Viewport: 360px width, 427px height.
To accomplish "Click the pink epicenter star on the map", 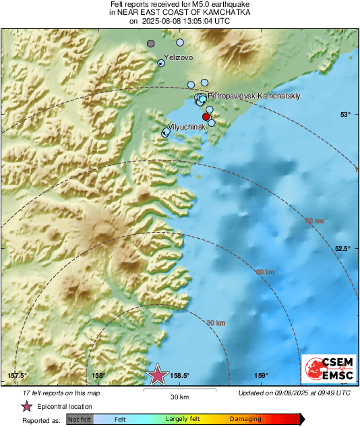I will pyautogui.click(x=158, y=374).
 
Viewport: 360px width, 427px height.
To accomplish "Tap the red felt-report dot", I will pyautogui.click(x=206, y=117).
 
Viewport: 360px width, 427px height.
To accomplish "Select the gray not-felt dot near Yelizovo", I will pyautogui.click(x=151, y=44).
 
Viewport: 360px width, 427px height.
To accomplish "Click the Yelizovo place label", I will pyautogui.click(x=179, y=58).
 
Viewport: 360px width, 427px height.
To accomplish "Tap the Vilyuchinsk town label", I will pyautogui.click(x=186, y=127).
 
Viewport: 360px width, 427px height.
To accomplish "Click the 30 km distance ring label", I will pyautogui.click(x=215, y=324).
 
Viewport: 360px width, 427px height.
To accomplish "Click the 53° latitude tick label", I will pyautogui.click(x=345, y=114).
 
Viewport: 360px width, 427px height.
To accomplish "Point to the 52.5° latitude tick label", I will pyautogui.click(x=342, y=248).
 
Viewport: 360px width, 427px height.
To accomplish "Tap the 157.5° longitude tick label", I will pyautogui.click(x=17, y=376).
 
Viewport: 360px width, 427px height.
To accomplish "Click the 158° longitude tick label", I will pyautogui.click(x=98, y=376).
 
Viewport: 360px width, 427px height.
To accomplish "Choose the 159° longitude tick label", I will pyautogui.click(x=262, y=376).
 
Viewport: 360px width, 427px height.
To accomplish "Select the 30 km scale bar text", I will pyautogui.click(x=179, y=396).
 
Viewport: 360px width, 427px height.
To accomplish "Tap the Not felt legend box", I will pyautogui.click(x=80, y=420).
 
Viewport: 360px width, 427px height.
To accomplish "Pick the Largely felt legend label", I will pyautogui.click(x=181, y=420).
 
